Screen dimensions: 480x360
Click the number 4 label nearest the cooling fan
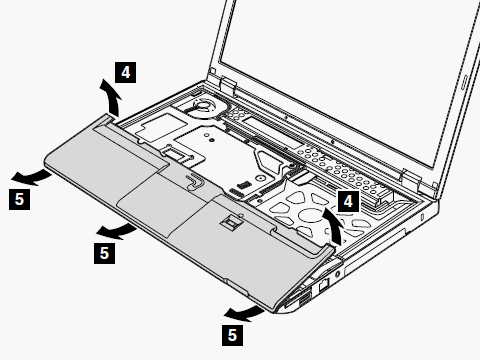click(x=125, y=72)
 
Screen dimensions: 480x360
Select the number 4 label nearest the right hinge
click(x=348, y=201)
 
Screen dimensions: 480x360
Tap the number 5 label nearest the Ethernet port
click(x=232, y=335)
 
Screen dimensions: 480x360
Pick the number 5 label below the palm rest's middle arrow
click(x=104, y=253)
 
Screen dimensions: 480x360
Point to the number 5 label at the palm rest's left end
click(x=19, y=199)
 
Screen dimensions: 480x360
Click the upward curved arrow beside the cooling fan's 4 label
click(x=113, y=97)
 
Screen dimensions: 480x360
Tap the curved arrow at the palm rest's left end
click(x=32, y=178)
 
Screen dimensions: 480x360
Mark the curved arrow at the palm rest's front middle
click(x=117, y=231)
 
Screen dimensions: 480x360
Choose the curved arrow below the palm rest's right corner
click(x=244, y=314)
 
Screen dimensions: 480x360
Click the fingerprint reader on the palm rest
click(x=230, y=221)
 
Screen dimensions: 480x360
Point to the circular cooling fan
click(x=202, y=106)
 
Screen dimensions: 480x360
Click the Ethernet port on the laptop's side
click(x=324, y=284)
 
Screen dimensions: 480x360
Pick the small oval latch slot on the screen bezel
click(x=464, y=82)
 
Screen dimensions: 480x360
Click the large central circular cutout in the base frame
click(x=310, y=214)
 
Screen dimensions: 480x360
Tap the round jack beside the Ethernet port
click(x=337, y=274)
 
